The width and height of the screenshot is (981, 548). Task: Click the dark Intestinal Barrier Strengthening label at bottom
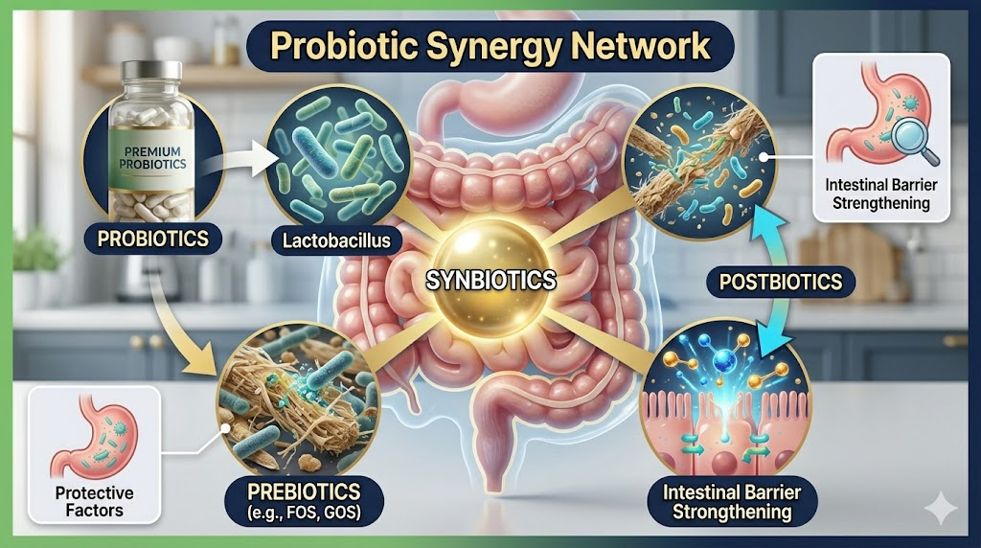point(733,502)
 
